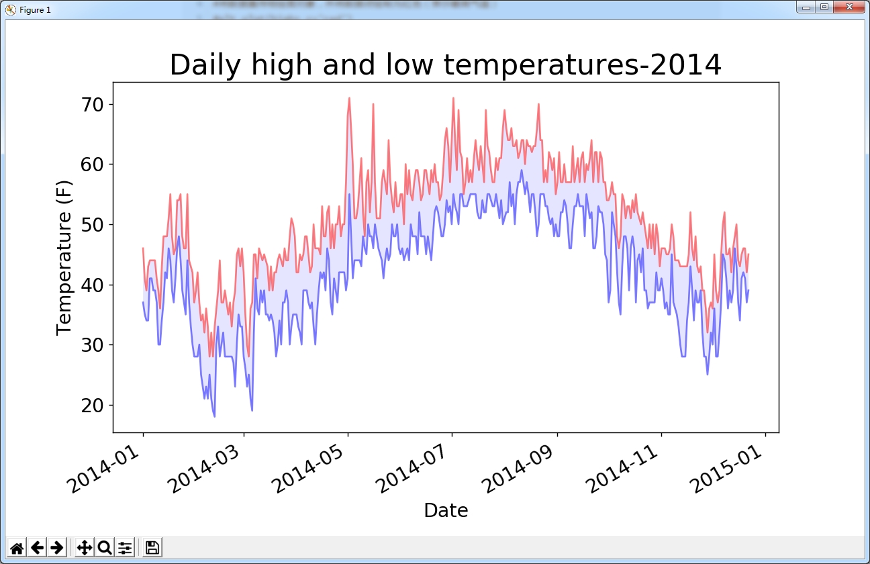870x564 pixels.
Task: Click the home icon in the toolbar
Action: point(17,547)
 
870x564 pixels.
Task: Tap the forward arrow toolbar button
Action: point(57,547)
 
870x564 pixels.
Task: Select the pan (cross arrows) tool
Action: point(84,547)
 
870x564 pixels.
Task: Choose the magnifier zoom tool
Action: point(104,547)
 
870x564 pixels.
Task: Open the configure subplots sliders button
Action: point(125,547)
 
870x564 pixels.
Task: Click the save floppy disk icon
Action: point(152,547)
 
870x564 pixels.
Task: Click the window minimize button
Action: point(806,7)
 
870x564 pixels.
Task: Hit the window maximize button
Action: point(824,7)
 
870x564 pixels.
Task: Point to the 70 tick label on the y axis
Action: point(93,105)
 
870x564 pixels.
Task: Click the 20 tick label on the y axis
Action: point(93,406)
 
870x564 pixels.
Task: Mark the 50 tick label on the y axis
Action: point(93,225)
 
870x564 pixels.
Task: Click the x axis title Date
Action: point(446,511)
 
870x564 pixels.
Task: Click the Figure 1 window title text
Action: point(35,9)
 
